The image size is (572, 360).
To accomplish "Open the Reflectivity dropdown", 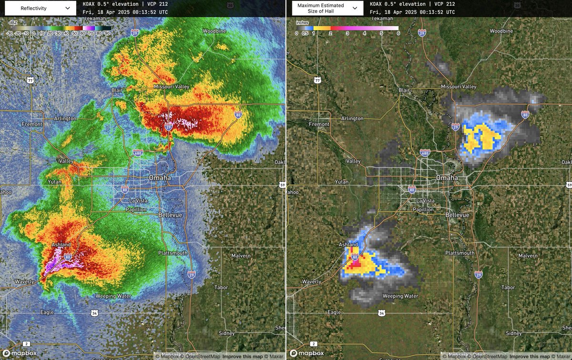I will pyautogui.click(x=42, y=8).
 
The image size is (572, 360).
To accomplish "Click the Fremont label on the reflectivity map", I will pyautogui.click(x=32, y=124).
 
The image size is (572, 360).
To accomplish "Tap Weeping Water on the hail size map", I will pyautogui.click(x=400, y=296).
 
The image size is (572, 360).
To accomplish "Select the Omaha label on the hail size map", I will pyautogui.click(x=447, y=177).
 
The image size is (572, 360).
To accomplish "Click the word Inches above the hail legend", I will pyautogui.click(x=302, y=22).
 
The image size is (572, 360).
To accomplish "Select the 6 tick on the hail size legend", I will pyautogui.click(x=398, y=33).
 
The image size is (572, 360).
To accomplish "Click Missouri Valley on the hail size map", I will pyautogui.click(x=459, y=86).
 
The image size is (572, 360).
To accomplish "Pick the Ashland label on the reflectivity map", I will pyautogui.click(x=61, y=245).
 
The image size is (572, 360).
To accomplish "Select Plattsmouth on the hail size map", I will pyautogui.click(x=460, y=253).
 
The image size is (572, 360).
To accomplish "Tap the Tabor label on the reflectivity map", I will pyautogui.click(x=221, y=288).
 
